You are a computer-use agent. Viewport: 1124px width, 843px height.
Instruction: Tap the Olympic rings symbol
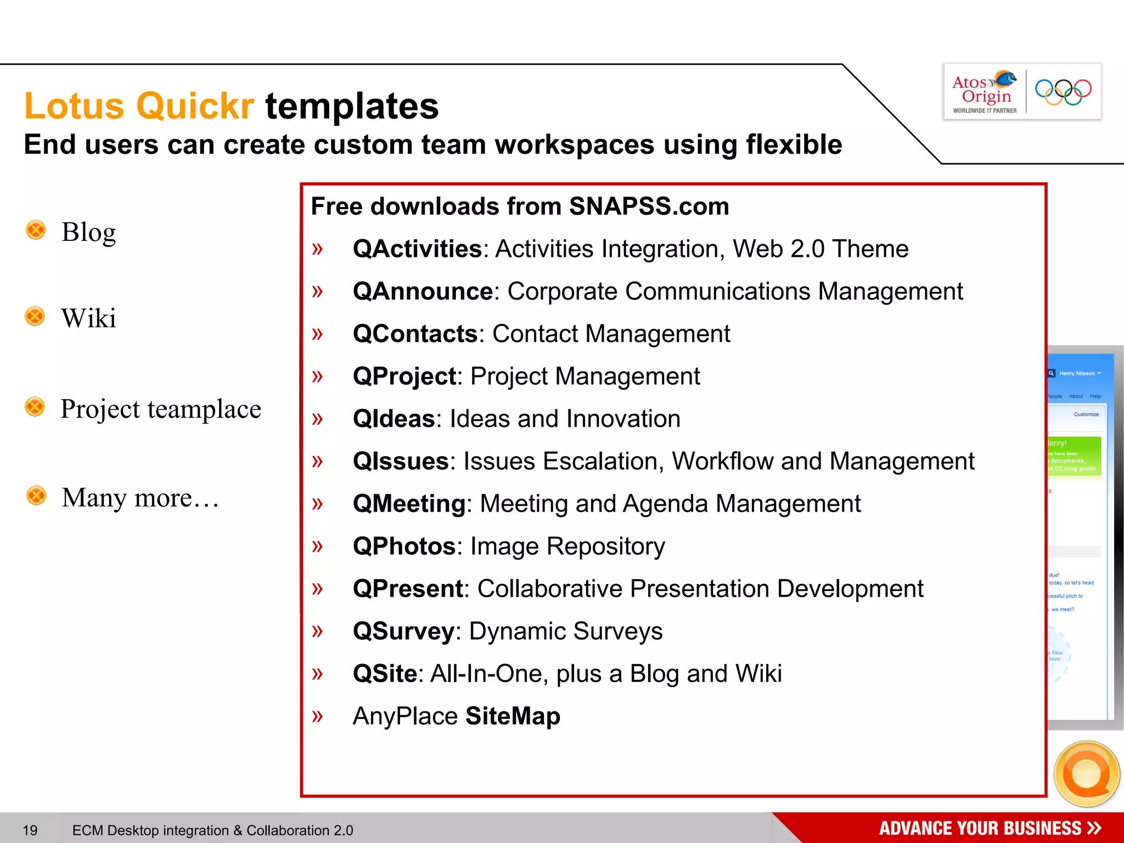(1063, 92)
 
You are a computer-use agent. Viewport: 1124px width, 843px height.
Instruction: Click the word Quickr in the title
(195, 105)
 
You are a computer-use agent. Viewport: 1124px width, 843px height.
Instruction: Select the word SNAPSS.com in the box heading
(649, 206)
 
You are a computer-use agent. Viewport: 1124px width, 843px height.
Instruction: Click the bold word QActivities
(417, 249)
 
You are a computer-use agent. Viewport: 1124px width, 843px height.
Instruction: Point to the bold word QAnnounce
(423, 291)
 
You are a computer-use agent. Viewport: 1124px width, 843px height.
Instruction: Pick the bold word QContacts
(415, 334)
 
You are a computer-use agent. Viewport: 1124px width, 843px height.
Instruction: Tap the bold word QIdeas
(394, 419)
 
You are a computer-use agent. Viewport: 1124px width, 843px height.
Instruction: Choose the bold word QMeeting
(409, 504)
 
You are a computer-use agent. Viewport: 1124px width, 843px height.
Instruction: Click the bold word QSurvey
(403, 631)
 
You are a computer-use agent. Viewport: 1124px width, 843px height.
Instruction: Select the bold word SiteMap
(513, 716)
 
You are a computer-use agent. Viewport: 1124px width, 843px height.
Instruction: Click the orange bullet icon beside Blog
(36, 230)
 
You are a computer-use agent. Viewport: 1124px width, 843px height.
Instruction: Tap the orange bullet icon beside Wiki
(35, 316)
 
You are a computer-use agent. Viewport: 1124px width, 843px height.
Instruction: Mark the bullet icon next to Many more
(36, 496)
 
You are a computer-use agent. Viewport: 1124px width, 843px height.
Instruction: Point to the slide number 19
(30, 830)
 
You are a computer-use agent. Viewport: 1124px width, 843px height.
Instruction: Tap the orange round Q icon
(1087, 774)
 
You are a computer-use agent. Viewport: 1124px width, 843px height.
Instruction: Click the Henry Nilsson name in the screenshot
(1077, 373)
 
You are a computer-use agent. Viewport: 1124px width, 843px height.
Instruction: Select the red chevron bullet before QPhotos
(317, 546)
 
